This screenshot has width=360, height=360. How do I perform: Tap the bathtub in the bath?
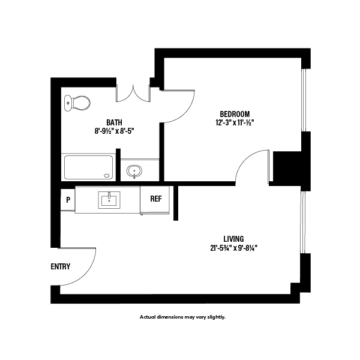point(89,167)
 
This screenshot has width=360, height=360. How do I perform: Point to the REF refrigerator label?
point(155,199)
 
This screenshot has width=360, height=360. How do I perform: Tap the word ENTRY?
point(61,267)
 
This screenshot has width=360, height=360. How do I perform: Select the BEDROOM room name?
point(234,114)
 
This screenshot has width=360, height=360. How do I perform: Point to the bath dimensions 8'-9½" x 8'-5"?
point(114,130)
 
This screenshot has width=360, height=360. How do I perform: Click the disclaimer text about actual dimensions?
point(182,317)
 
